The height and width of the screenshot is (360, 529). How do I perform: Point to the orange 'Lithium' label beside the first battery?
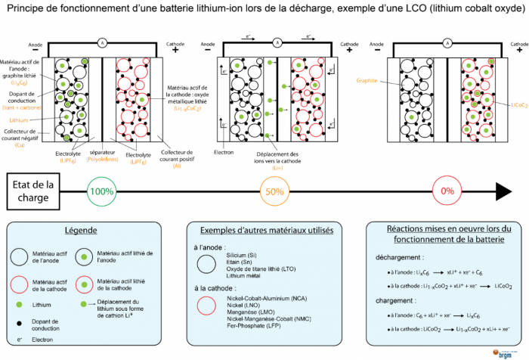(18, 119)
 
